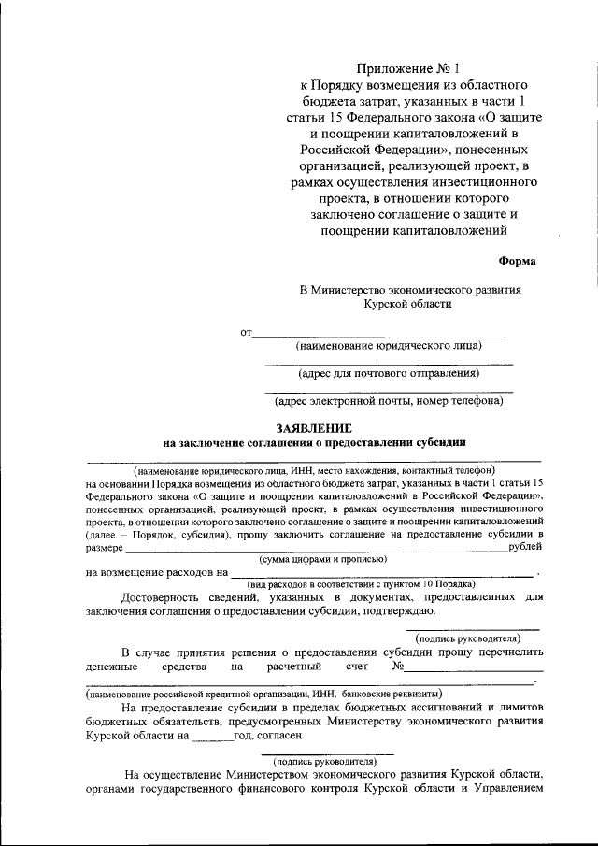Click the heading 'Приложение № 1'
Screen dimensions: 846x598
pyautogui.click(x=404, y=68)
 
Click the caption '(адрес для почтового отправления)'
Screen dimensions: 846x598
pyautogui.click(x=389, y=373)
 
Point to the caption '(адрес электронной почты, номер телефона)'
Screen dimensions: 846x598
pyautogui.click(x=389, y=401)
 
